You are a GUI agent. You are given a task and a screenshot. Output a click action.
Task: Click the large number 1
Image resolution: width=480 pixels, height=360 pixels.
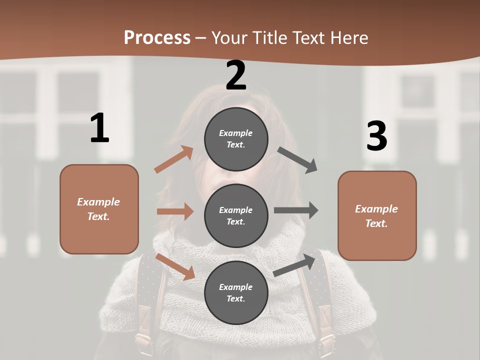(99, 128)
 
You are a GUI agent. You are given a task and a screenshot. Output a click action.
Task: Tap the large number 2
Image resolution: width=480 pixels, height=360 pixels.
(236, 76)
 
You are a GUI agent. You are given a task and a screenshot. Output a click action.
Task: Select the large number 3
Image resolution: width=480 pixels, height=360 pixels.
(376, 136)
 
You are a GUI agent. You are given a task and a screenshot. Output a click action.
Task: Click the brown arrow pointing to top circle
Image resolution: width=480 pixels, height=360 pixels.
(174, 159)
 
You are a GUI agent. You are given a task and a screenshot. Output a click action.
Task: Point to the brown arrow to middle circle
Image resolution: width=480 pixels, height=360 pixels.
(175, 211)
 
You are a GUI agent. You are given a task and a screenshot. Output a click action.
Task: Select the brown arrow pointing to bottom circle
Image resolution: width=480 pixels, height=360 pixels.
(175, 266)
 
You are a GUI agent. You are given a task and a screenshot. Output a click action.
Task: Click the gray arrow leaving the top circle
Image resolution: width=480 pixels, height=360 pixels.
(297, 159)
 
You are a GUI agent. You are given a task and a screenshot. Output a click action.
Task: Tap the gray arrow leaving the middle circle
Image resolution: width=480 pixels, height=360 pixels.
(296, 210)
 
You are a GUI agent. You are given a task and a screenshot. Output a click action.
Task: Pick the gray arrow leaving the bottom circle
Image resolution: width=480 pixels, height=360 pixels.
(295, 265)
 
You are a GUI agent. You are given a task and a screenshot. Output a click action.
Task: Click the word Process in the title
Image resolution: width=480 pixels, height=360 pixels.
(157, 37)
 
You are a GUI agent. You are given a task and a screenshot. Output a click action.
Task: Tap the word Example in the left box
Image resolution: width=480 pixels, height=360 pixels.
(98, 202)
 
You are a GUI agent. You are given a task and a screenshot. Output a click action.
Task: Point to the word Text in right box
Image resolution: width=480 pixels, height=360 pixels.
(376, 223)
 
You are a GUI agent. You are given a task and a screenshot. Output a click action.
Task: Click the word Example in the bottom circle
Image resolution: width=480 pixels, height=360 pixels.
(236, 287)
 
